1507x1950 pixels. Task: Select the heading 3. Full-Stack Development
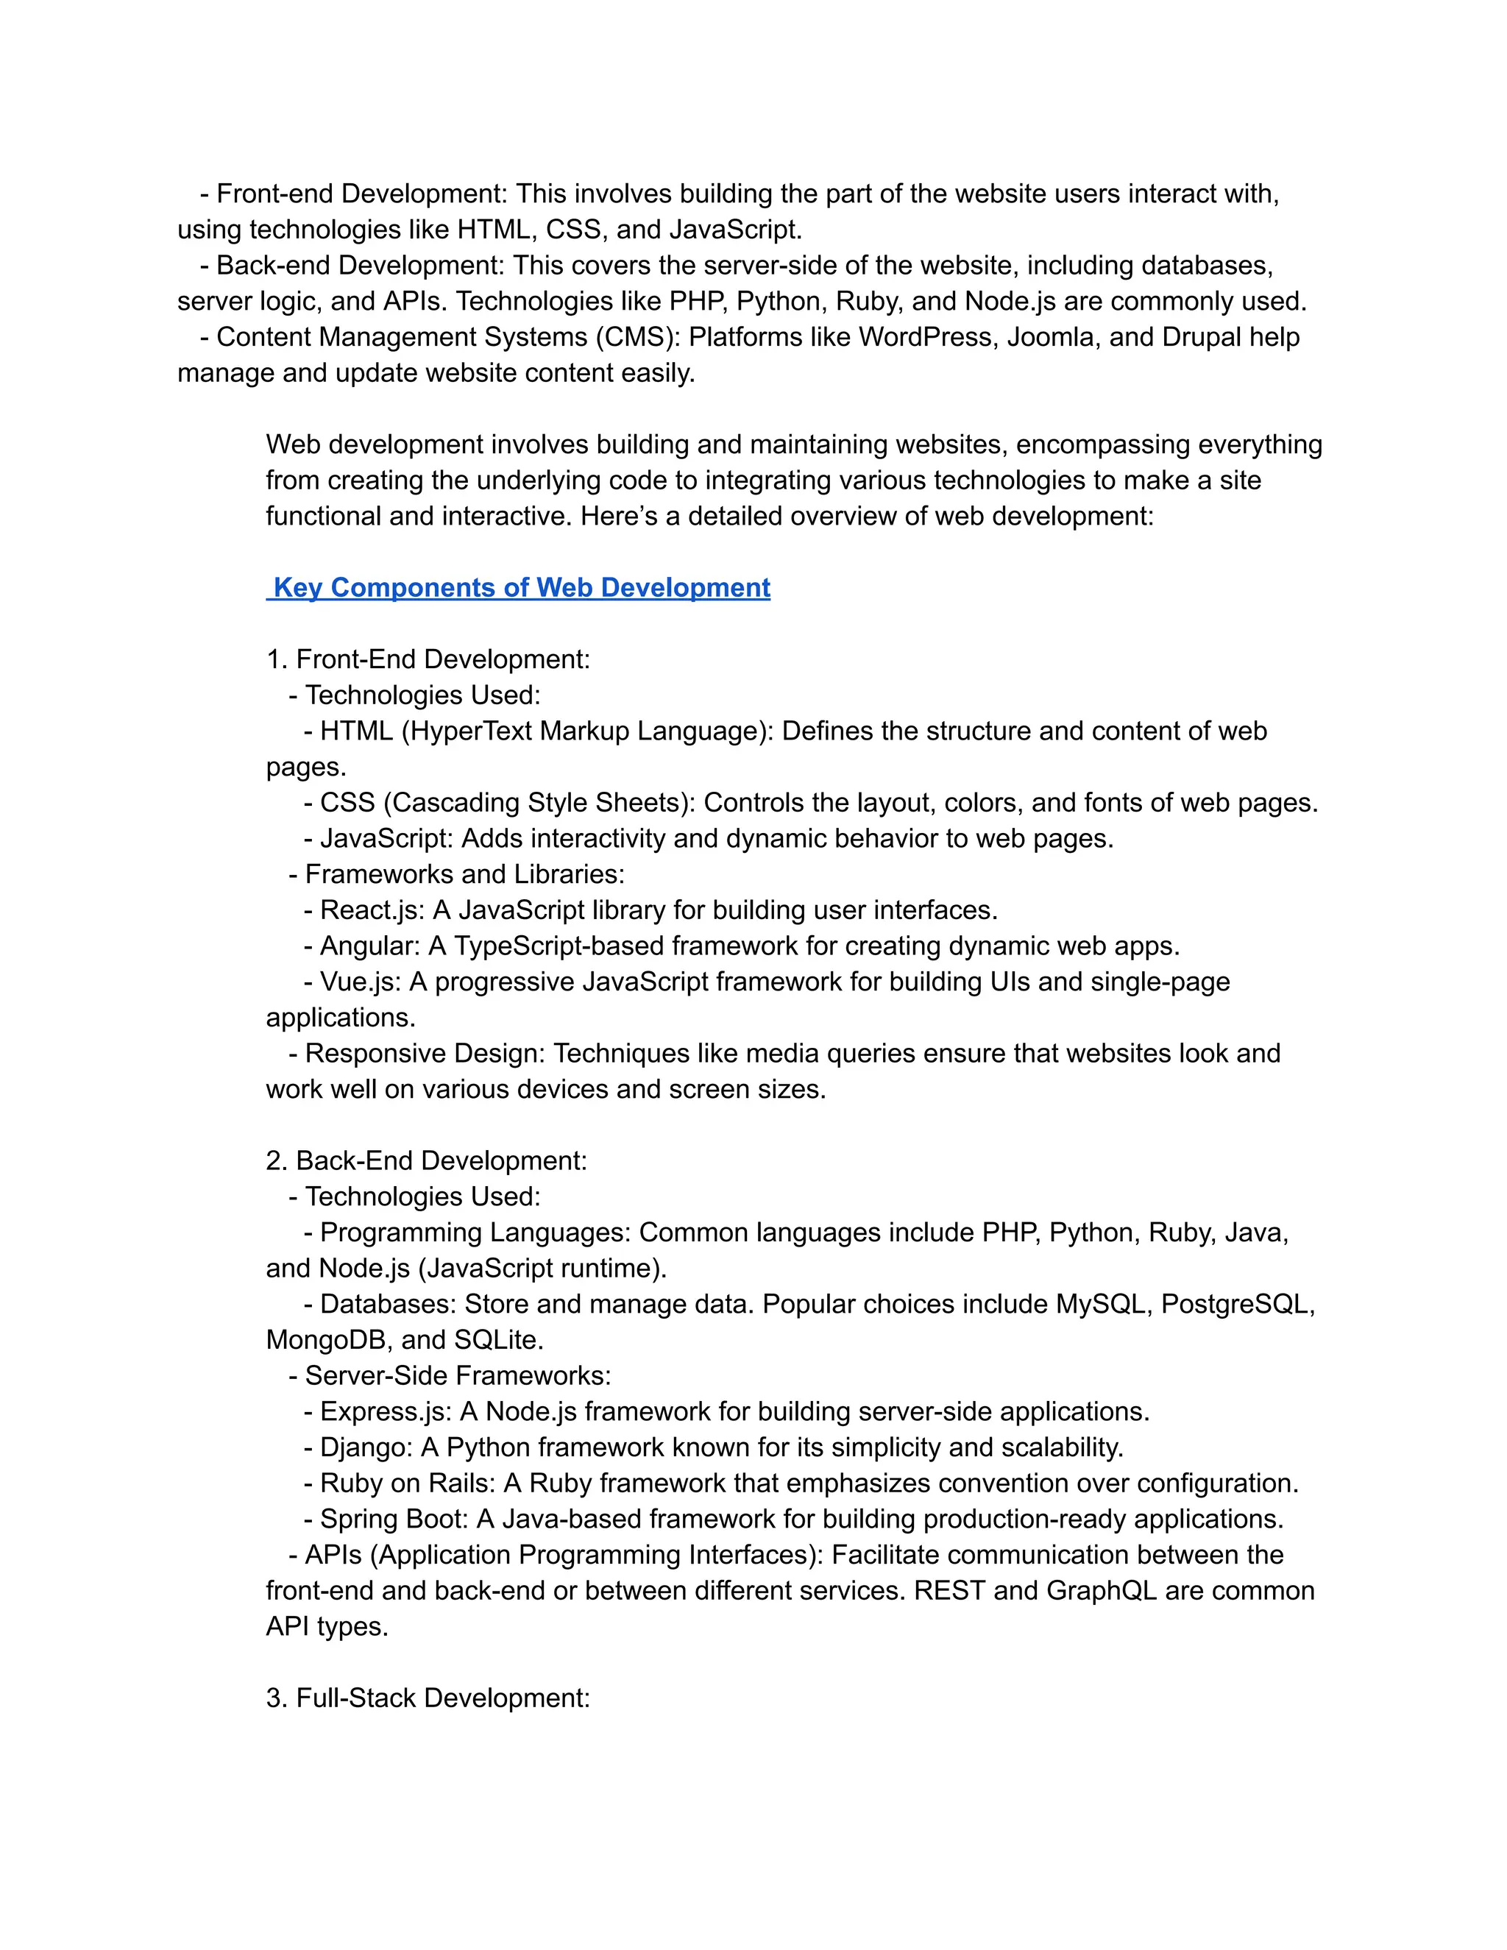point(428,1698)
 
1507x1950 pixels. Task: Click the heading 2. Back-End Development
point(426,1160)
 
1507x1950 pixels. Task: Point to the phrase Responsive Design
point(424,1053)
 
